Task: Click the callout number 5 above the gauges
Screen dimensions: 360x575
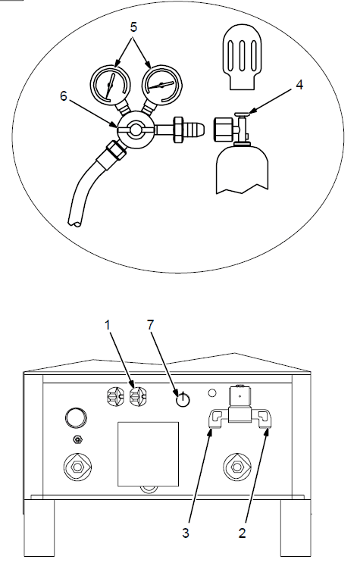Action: [x=133, y=27]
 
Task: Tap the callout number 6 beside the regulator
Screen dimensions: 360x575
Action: [x=64, y=96]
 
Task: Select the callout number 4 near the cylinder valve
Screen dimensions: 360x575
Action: [x=299, y=85]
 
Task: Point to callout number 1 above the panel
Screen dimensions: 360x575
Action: [x=108, y=325]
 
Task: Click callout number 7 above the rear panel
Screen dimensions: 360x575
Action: [x=151, y=324]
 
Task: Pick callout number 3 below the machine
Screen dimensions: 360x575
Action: [x=186, y=533]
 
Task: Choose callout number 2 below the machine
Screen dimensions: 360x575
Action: [x=242, y=533]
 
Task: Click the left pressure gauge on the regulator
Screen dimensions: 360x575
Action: [x=110, y=85]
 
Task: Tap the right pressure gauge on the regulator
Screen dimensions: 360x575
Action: [x=162, y=85]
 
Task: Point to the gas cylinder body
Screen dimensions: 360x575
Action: [x=243, y=169]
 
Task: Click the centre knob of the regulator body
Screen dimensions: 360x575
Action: [x=136, y=129]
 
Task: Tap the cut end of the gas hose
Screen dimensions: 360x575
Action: [x=74, y=222]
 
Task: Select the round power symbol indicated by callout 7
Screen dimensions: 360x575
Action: [x=183, y=400]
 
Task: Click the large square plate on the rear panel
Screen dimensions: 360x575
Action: [x=148, y=454]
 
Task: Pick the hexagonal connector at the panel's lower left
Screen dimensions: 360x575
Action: [x=77, y=467]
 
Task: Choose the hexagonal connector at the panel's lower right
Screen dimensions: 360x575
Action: [x=237, y=467]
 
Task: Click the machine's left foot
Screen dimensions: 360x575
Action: [x=39, y=527]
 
